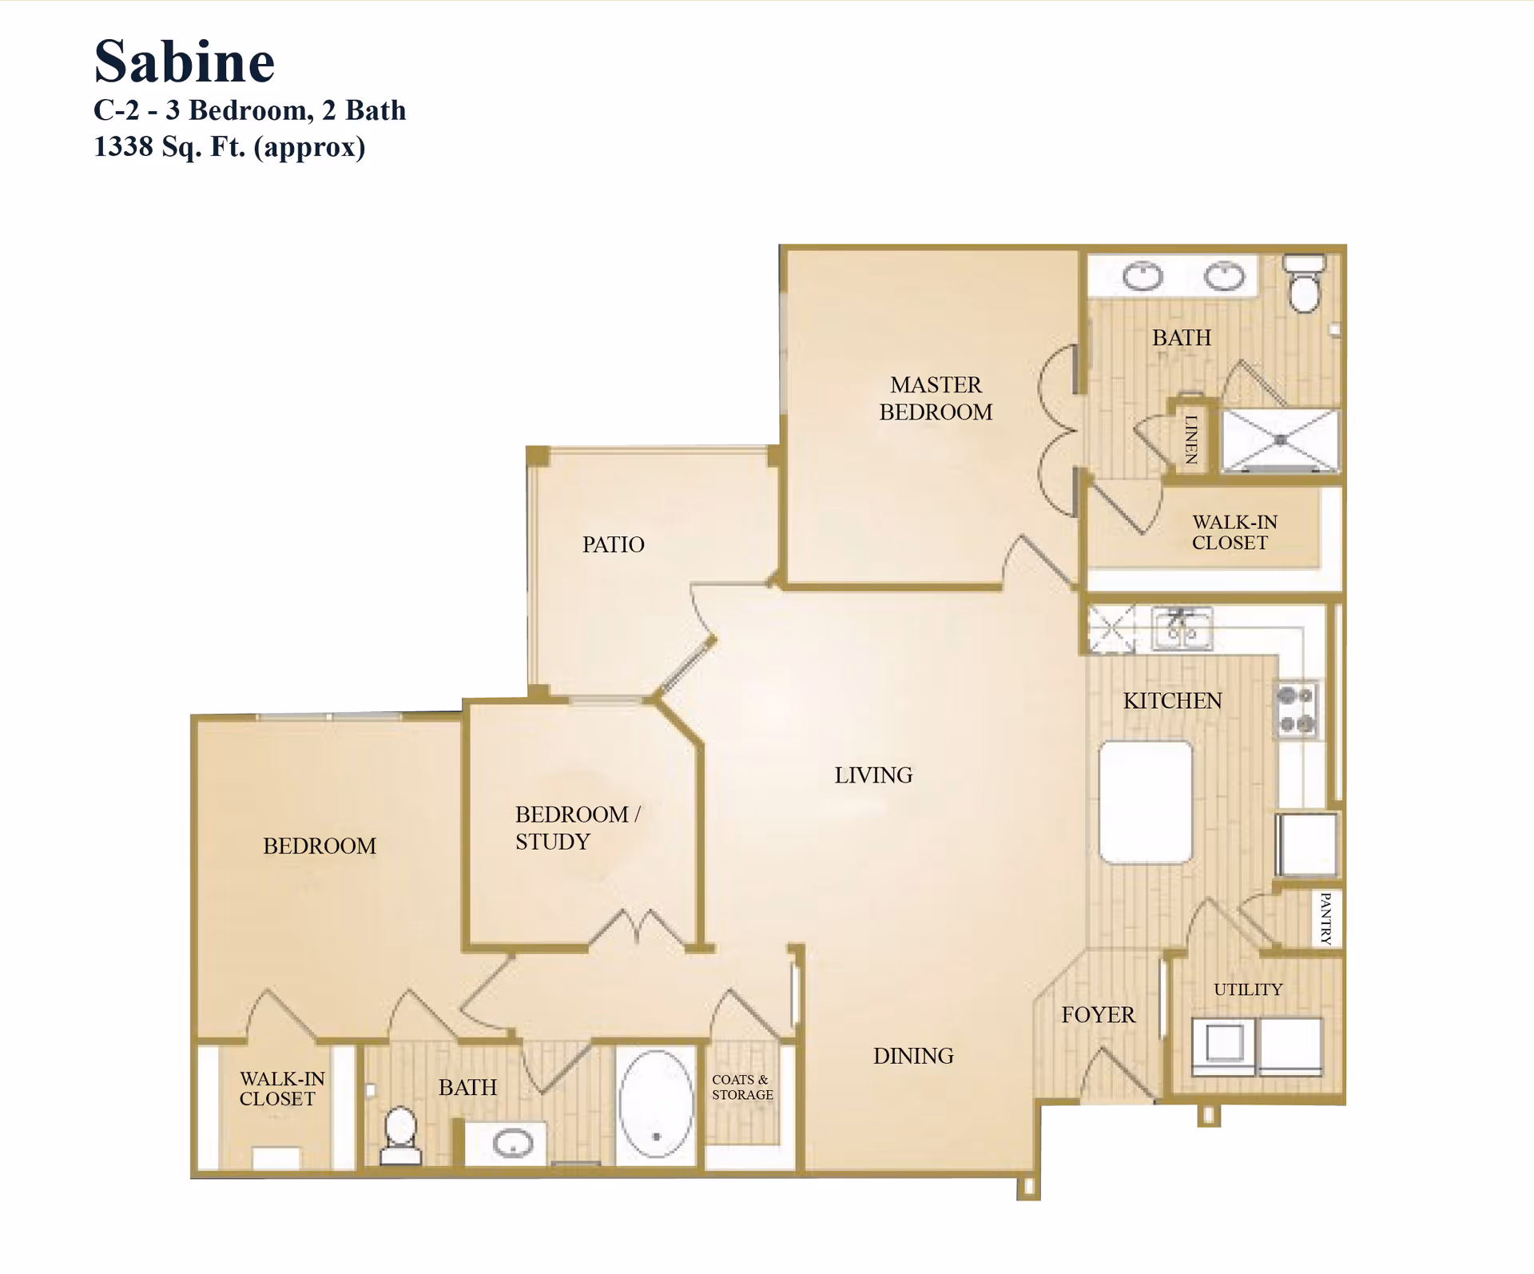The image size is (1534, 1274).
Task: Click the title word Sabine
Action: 185,62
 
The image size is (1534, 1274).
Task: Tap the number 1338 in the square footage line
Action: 122,147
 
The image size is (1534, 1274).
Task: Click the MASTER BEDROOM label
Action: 936,399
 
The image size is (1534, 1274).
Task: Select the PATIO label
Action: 613,545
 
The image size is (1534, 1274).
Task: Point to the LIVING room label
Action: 873,775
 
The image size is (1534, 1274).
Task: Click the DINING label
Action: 913,1057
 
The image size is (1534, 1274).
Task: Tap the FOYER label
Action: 1098,1015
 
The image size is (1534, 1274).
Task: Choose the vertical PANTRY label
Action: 1326,919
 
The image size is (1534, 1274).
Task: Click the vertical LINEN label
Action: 1191,440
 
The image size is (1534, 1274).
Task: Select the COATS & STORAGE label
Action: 742,1087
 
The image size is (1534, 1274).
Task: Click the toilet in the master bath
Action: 1304,285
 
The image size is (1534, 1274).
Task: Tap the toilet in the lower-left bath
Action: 400,1135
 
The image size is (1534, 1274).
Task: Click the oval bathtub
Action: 656,1105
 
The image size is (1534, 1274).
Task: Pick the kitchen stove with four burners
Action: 1296,710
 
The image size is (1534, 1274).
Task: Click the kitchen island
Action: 1146,802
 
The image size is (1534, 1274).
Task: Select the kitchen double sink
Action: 1182,628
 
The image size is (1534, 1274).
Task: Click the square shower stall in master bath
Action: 1280,440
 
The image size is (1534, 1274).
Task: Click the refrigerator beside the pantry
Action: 1307,845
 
